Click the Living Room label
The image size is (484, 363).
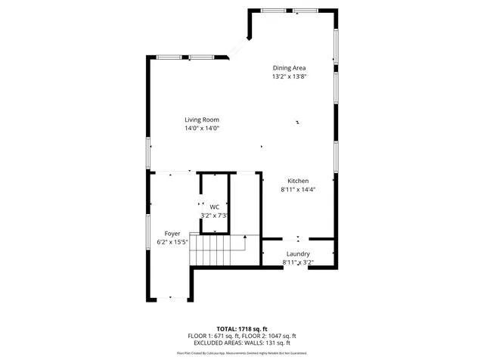pyautogui.click(x=202, y=119)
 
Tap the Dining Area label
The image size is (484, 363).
pyautogui.click(x=289, y=68)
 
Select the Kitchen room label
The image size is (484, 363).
pyautogui.click(x=298, y=181)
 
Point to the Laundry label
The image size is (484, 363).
pyautogui.click(x=298, y=253)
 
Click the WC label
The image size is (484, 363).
pyautogui.click(x=215, y=206)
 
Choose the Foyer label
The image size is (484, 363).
pyautogui.click(x=172, y=234)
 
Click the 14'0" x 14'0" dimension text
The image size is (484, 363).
pyautogui.click(x=202, y=129)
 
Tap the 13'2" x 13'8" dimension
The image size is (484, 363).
pyautogui.click(x=289, y=76)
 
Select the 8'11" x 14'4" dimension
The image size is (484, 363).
pyautogui.click(x=298, y=190)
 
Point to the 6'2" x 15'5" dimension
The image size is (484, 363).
pyautogui.click(x=172, y=242)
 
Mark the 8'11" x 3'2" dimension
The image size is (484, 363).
pyautogui.click(x=298, y=262)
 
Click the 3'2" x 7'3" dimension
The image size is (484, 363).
pyautogui.click(x=214, y=216)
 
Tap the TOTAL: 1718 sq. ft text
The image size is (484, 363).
pyautogui.click(x=242, y=329)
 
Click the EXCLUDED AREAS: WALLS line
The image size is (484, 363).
pyautogui.click(x=242, y=343)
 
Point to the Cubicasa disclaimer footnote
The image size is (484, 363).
pyautogui.click(x=242, y=352)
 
